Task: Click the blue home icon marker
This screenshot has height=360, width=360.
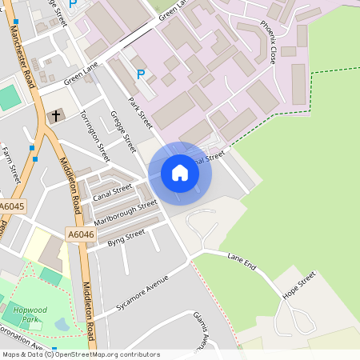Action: (x=180, y=173)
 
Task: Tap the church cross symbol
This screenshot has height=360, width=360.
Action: (x=57, y=117)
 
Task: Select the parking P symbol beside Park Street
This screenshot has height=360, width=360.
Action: (x=141, y=74)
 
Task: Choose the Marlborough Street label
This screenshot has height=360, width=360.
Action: (x=126, y=211)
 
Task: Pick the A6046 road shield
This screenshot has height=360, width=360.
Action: (x=80, y=234)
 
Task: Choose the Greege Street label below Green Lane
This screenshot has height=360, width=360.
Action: (x=123, y=131)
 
